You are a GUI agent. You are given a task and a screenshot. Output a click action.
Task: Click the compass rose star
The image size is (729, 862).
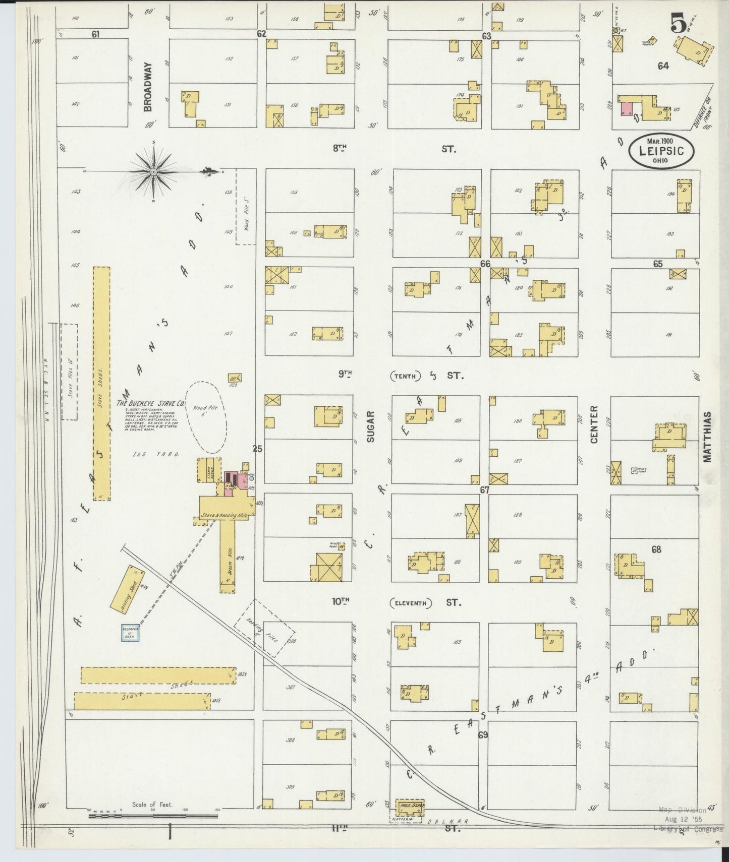pyautogui.click(x=153, y=172)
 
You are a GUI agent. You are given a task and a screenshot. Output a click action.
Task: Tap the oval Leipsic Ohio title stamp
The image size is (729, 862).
pyautogui.click(x=661, y=150)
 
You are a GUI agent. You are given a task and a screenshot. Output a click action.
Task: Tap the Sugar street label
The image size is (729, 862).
pyautogui.click(x=371, y=426)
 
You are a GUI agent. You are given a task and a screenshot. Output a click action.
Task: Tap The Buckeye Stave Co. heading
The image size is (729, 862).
pyautogui.click(x=151, y=404)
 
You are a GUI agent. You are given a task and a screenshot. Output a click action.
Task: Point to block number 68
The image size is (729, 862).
pyautogui.click(x=656, y=549)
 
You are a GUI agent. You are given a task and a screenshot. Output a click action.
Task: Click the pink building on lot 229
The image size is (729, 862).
pyautogui.click(x=627, y=108)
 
